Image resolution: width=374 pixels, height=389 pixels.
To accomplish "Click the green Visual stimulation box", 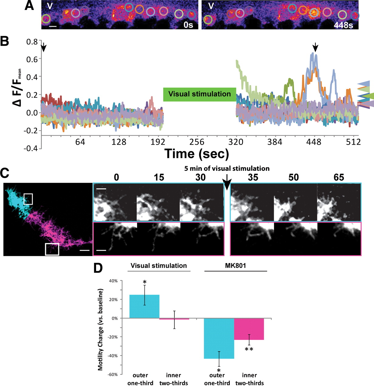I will (199, 94).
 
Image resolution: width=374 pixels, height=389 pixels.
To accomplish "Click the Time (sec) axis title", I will (197, 154).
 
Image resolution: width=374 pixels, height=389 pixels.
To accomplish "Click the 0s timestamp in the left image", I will (188, 25).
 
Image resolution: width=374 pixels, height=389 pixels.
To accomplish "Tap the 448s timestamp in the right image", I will (343, 25).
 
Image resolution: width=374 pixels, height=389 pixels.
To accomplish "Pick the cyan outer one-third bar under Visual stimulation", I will (144, 306).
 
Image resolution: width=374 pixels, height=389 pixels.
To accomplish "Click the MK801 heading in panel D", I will (235, 266).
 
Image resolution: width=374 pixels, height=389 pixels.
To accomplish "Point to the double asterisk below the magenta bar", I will (249, 349).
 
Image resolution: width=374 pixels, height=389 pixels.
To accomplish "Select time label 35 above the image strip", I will (253, 177).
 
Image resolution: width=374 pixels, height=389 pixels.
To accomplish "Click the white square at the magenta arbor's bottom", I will (52, 249).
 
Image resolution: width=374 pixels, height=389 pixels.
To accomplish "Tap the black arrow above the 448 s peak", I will (315, 47).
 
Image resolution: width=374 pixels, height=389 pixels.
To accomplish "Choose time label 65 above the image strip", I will (339, 177).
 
